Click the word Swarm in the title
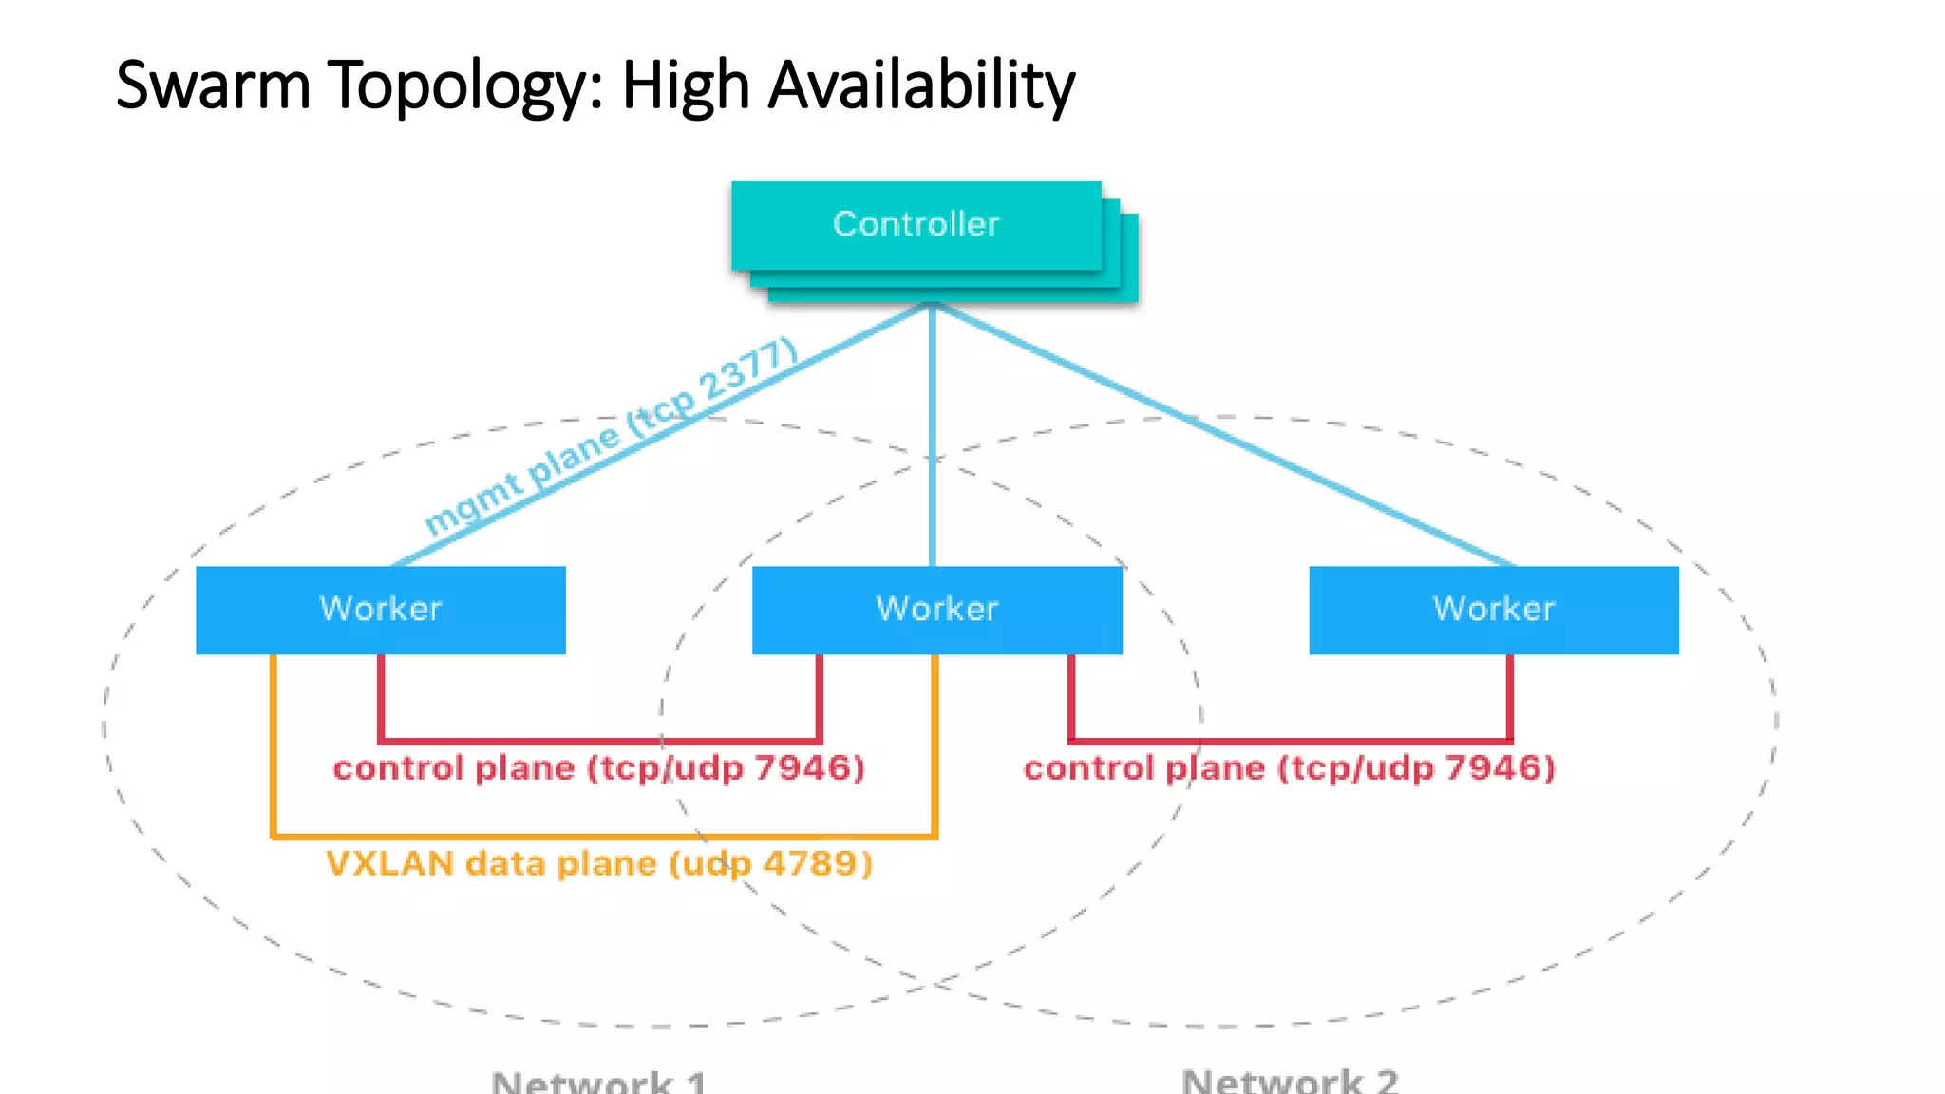pyautogui.click(x=213, y=85)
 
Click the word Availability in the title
pyautogui.click(x=920, y=85)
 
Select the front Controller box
pyautogui.click(x=916, y=225)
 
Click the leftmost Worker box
pyautogui.click(x=380, y=610)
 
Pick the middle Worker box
pyautogui.click(x=936, y=610)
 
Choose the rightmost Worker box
pyautogui.click(x=1493, y=610)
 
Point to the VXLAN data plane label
pyautogui.click(x=598, y=864)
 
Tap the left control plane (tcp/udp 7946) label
pyautogui.click(x=598, y=768)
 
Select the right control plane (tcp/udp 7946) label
pyautogui.click(x=1289, y=768)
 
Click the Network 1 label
pyautogui.click(x=598, y=1081)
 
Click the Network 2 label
pyautogui.click(x=1289, y=1081)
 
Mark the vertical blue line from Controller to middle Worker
pyautogui.click(x=933, y=437)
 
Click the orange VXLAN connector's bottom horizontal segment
pyautogui.click(x=604, y=837)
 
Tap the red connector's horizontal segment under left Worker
pyautogui.click(x=598, y=741)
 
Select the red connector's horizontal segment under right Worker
pyautogui.click(x=1290, y=741)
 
